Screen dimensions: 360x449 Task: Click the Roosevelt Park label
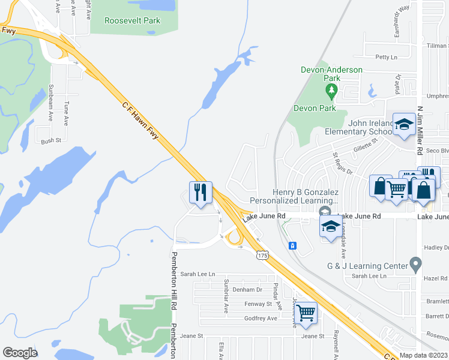point(133,20)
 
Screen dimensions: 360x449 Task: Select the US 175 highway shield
point(261,256)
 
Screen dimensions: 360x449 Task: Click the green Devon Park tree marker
point(331,92)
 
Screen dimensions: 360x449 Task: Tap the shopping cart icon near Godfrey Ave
point(306,313)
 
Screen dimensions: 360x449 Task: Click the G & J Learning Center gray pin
point(415,264)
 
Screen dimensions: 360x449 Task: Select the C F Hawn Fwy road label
point(140,121)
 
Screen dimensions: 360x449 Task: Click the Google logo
point(20,353)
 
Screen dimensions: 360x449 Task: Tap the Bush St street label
point(51,141)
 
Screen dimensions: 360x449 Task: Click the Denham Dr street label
point(248,289)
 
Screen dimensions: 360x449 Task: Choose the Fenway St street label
point(259,304)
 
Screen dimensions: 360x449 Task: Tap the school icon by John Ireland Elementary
point(404,124)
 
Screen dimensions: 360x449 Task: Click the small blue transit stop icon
point(292,245)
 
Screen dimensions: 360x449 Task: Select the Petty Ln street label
point(386,58)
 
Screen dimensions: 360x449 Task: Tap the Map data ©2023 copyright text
point(424,355)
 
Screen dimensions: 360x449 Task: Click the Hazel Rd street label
point(435,278)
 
